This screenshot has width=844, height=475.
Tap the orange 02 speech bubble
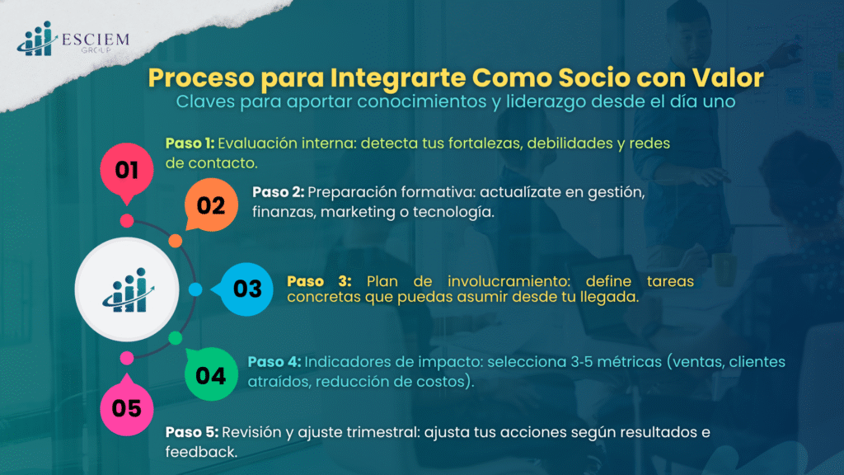point(211,205)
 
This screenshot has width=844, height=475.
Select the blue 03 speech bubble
point(246,289)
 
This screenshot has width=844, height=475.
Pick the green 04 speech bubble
point(211,374)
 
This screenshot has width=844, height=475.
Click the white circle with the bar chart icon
point(127,289)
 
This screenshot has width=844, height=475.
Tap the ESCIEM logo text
point(96,40)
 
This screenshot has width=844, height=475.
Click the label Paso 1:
point(190,143)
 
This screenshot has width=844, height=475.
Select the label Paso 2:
point(278,192)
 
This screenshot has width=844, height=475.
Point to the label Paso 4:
point(274,362)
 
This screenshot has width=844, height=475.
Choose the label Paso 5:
point(191,432)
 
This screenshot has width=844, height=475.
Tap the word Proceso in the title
point(201,78)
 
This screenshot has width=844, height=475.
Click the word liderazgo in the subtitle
point(546,101)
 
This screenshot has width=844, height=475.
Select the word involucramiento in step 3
point(509,281)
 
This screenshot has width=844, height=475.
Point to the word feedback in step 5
point(201,452)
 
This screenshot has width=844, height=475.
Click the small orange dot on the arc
point(176,241)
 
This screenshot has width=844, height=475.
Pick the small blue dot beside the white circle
point(195,289)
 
